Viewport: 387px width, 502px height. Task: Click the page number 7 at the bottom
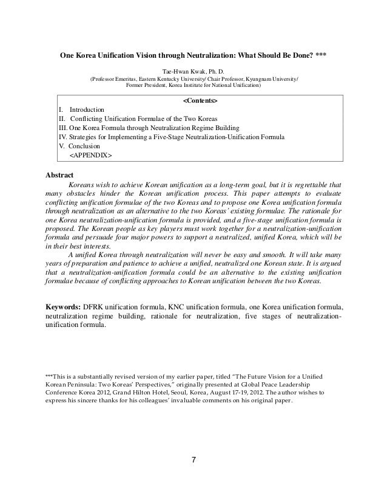click(193, 458)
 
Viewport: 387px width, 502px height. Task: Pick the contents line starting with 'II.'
click(138, 118)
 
